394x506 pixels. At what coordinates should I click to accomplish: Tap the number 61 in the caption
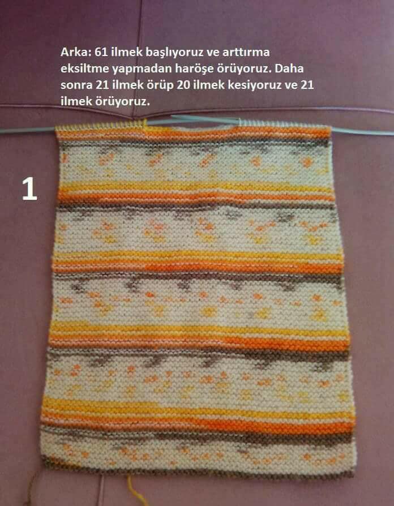coord(101,52)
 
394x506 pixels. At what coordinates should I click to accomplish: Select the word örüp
coord(160,86)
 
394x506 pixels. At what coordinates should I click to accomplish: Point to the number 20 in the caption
coord(183,85)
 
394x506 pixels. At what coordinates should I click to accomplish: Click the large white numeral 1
coord(29,189)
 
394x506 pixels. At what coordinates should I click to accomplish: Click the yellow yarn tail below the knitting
coord(134,491)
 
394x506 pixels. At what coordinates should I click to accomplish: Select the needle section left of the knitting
coord(28,130)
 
